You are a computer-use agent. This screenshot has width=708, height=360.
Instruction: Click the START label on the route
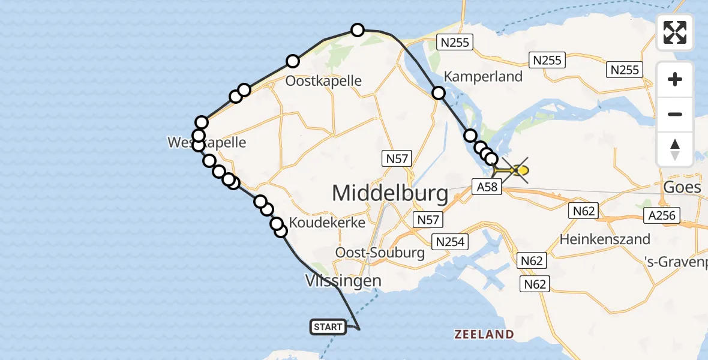pyautogui.click(x=328, y=327)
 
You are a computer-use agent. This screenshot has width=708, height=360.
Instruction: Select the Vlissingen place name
pyautogui.click(x=343, y=281)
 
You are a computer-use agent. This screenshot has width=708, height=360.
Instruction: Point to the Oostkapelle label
pyautogui.click(x=323, y=80)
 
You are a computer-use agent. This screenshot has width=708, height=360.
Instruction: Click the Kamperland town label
pyautogui.click(x=483, y=76)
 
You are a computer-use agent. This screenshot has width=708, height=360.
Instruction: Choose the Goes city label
pyautogui.click(x=682, y=187)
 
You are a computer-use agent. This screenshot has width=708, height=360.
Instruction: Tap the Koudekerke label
pyautogui.click(x=327, y=223)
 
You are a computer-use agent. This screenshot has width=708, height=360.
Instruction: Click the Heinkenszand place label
pyautogui.click(x=605, y=239)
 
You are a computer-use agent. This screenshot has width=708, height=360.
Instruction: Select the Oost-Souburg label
pyautogui.click(x=380, y=253)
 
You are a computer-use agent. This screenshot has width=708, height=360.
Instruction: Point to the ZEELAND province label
pyautogui.click(x=484, y=334)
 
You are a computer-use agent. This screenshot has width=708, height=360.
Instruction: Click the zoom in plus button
pyautogui.click(x=675, y=80)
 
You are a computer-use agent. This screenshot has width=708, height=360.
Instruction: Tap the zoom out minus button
pyautogui.click(x=675, y=114)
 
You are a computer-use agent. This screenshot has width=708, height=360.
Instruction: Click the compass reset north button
pyautogui.click(x=675, y=149)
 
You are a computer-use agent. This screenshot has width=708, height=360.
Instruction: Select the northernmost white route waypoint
pyautogui.click(x=358, y=30)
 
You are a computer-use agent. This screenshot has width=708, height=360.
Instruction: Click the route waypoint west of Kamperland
pyautogui.click(x=439, y=93)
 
